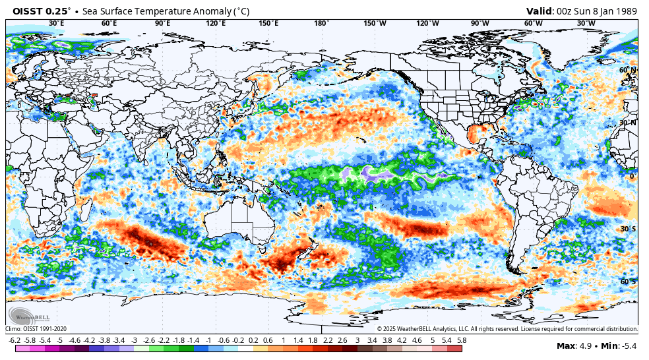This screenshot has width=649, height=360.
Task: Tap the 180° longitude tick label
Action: click(321, 24)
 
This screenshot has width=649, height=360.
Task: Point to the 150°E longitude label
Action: click(268, 24)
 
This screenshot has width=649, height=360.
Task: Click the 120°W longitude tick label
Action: click(427, 24)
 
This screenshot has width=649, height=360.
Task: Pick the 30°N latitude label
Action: click(627, 123)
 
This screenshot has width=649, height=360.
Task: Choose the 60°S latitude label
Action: click(627, 282)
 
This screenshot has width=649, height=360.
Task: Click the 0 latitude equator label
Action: click(631, 176)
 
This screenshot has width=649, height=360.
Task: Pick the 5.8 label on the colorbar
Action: click(462, 340)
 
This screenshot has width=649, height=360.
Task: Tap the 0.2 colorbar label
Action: click(253, 340)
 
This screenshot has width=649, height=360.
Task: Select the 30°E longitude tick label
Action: click(57, 24)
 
